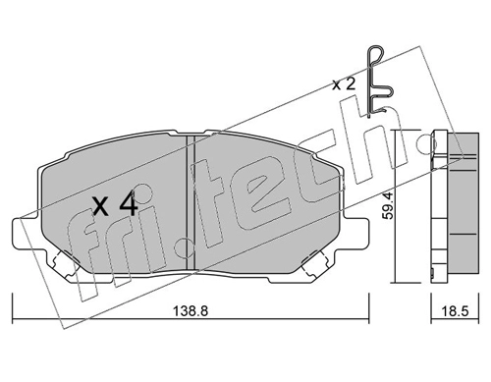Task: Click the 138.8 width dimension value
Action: point(191,310)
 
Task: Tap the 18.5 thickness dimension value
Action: point(455,310)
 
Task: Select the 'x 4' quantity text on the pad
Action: point(115,204)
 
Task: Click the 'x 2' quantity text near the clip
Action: point(344,85)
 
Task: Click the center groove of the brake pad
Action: point(191,201)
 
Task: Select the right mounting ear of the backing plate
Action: point(356,234)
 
